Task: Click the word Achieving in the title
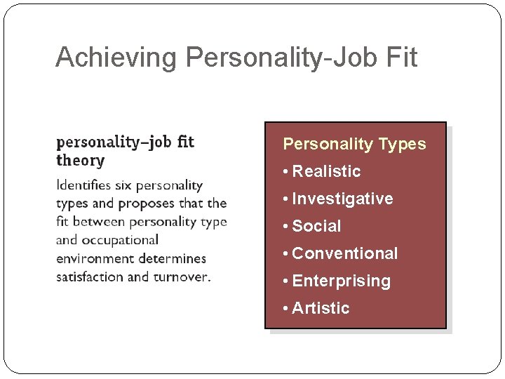tap(116, 58)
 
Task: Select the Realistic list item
tap(326, 171)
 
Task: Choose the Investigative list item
tap(342, 199)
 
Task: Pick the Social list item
tap(316, 226)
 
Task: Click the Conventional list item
tap(344, 253)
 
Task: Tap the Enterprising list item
tap(341, 281)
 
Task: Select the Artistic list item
tap(321, 308)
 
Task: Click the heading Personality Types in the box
tap(354, 144)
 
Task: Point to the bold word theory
tap(80, 161)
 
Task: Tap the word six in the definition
tap(123, 185)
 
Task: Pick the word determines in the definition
tap(173, 259)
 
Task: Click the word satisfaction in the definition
tap(90, 277)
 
